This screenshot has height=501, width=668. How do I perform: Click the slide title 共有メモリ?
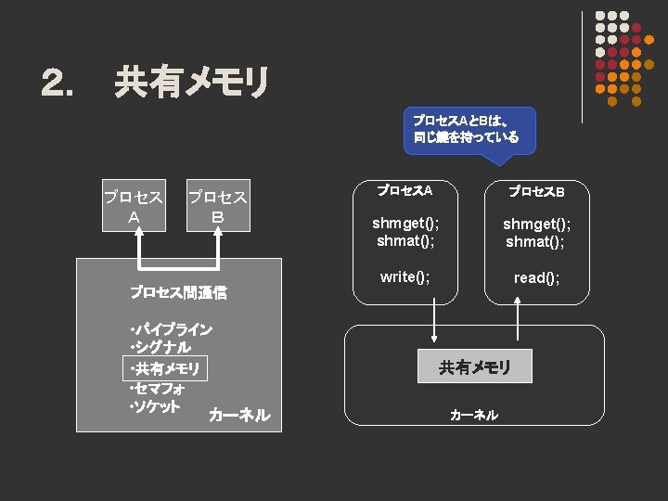pos(191,83)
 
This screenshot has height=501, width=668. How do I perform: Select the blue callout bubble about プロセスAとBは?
pos(461,129)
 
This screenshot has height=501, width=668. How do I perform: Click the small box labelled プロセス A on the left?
pos(134,207)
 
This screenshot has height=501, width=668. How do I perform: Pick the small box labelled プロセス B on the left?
pos(217,207)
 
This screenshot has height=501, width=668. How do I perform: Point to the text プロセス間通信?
pos(178,292)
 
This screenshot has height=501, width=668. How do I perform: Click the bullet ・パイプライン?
pos(172,329)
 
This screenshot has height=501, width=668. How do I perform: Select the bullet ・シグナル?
pos(161,348)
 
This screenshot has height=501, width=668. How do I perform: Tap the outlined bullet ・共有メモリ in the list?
pos(165,369)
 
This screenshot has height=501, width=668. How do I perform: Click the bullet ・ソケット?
pos(155,407)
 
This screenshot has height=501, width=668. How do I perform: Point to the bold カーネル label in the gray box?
pos(239,415)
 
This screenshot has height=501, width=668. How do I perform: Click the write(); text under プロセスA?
pos(405,276)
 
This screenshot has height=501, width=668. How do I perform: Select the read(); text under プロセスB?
pos(536,277)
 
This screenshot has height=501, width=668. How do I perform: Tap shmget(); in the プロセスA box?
pos(405,224)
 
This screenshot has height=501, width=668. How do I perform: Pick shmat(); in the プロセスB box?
pos(535,242)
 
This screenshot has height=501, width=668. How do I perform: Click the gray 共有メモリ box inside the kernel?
pos(474,367)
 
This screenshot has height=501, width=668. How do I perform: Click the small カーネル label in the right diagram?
pos(473,415)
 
